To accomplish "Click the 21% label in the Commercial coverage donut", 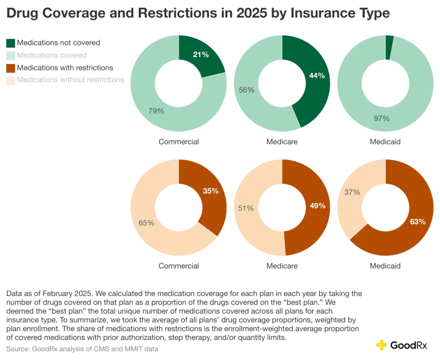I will (201, 55).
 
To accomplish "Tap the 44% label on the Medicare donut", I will (317, 75).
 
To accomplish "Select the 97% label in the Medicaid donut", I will (382, 119).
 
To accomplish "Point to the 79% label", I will (156, 111).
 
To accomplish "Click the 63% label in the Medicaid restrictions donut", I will (417, 222).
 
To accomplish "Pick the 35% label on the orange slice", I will (211, 191).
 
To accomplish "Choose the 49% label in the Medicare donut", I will (317, 206).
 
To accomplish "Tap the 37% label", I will (352, 192).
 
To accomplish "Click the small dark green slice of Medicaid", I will (389, 47).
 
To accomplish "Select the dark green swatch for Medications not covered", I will (11, 43).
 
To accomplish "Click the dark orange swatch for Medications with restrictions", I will (11, 68).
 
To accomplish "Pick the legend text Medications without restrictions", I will (70, 80).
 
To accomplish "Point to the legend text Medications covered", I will (52, 55).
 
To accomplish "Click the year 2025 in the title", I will (252, 13).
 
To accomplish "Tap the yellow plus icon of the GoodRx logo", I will (381, 345).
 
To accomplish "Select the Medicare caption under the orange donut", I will (282, 266).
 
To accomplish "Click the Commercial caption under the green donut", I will (178, 142).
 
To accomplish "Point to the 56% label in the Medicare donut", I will (246, 90).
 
